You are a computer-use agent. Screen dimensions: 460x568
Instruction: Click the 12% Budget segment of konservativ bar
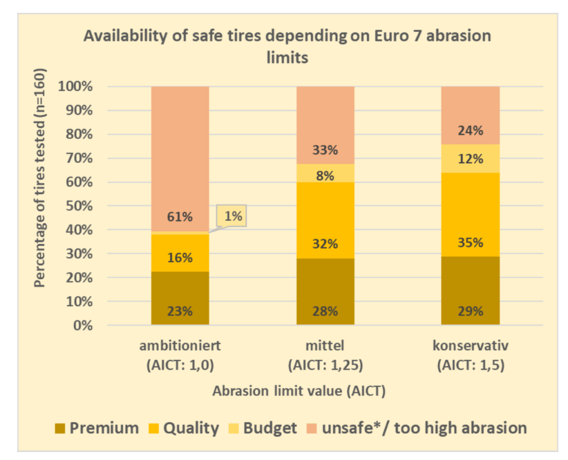(x=470, y=159)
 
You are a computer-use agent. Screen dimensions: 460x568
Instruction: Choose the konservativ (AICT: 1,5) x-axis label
(x=470, y=356)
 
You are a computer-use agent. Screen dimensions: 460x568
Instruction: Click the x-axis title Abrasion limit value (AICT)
(x=299, y=391)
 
